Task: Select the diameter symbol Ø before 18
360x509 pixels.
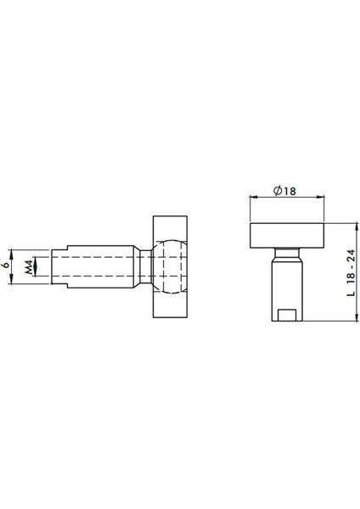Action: (x=278, y=192)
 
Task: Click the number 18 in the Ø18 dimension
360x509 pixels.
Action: (x=290, y=192)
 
